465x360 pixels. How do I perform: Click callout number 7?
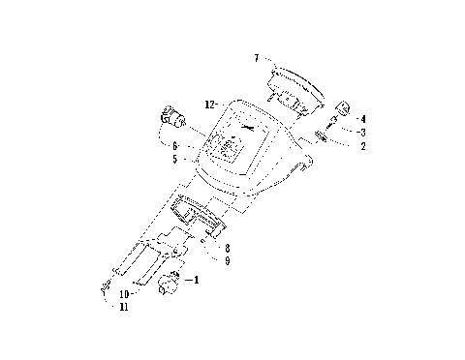(256, 59)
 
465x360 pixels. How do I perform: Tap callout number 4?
(362, 119)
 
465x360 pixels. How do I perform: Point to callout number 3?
(362, 132)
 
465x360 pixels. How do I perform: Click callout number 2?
(362, 146)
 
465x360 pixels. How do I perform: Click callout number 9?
(227, 261)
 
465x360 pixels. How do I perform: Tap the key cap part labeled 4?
(341, 106)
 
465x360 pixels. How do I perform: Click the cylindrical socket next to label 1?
(169, 283)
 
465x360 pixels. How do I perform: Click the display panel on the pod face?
(230, 147)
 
